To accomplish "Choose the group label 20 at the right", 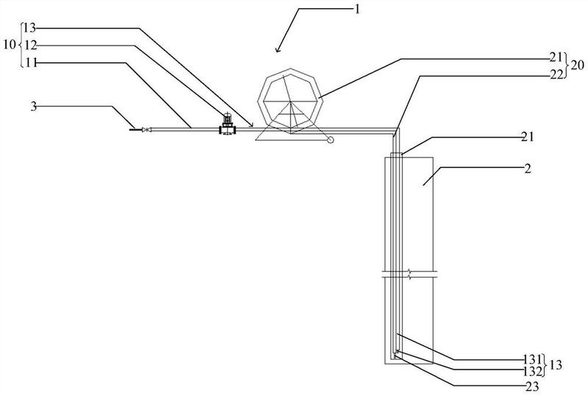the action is pyautogui.click(x=578, y=65).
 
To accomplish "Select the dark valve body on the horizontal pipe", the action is pyautogui.click(x=227, y=129).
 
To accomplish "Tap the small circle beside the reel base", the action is pyautogui.click(x=329, y=139).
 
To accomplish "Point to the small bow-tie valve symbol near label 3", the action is pyautogui.click(x=146, y=130).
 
